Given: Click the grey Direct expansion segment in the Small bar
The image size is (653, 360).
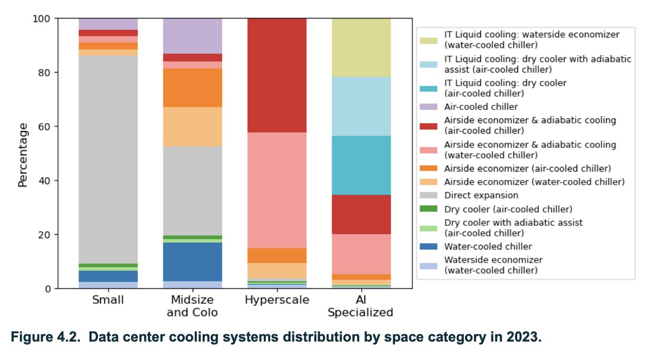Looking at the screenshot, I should click(x=108, y=158).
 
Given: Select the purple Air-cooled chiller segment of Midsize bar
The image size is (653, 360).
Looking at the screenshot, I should click(x=192, y=36).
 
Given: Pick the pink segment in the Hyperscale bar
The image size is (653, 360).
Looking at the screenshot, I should click(x=277, y=189).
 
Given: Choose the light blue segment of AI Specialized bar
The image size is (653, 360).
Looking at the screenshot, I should click(x=361, y=106).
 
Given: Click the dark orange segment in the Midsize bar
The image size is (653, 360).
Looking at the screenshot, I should click(x=192, y=87).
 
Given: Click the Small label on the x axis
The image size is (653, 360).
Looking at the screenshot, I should click(x=108, y=300).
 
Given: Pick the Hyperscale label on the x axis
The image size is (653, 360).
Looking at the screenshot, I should click(x=277, y=300).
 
